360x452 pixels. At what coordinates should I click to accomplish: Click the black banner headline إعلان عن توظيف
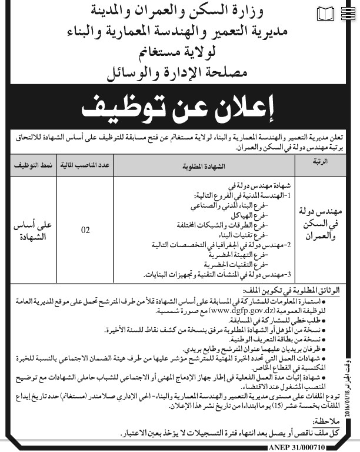click(x=180, y=109)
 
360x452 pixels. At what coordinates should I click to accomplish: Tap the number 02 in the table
click(x=85, y=230)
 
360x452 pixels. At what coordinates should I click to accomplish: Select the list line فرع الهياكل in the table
click(x=252, y=216)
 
